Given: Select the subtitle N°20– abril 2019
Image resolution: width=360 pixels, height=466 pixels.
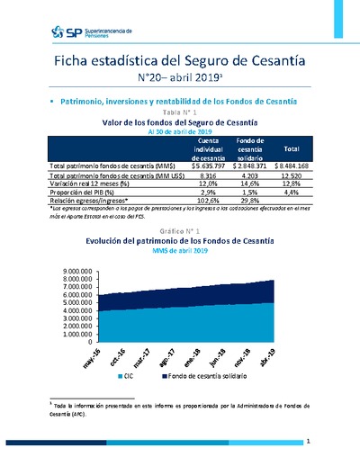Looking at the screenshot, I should pos(179,78).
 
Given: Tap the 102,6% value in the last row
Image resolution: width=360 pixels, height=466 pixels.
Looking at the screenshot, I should pos(208,202).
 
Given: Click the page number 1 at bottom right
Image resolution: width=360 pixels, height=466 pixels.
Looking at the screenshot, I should pos(308,442).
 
